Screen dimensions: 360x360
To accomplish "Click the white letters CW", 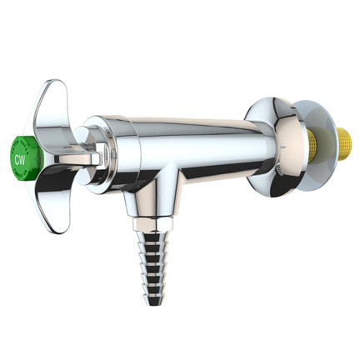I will (21, 155).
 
